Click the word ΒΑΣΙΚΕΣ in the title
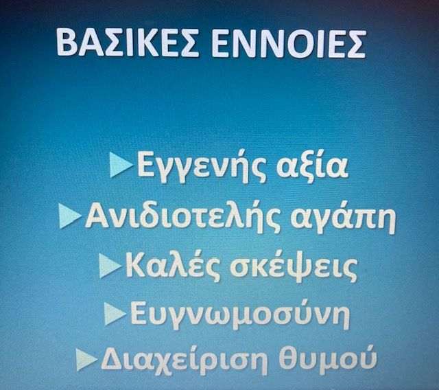point(128,43)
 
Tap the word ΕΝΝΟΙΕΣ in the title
point(289,43)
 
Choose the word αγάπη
point(343,219)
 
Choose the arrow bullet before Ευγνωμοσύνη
point(115,314)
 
